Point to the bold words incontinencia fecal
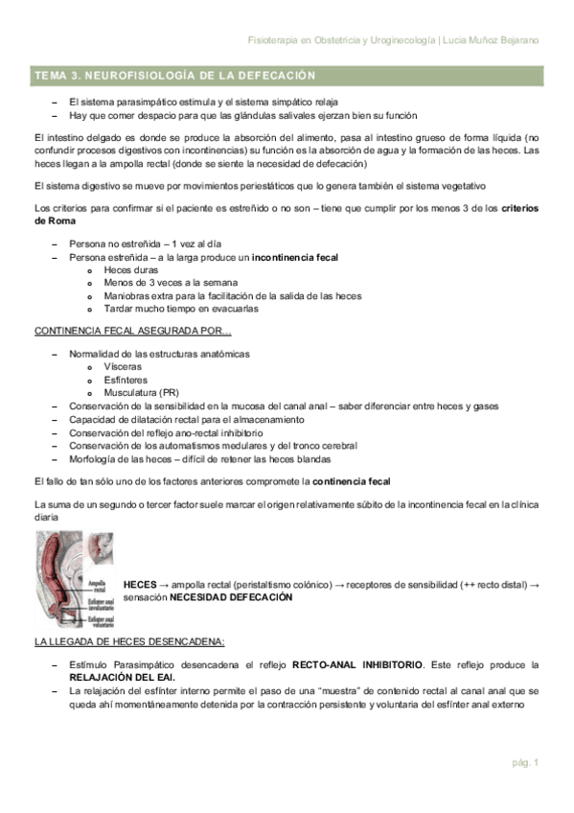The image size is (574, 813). tap(295, 258)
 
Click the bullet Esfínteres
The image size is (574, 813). tap(126, 380)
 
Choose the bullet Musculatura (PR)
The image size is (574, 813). tap(141, 392)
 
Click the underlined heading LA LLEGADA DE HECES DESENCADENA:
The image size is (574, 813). tap(128, 640)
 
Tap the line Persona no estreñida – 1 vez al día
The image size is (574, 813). tap(139, 244)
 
